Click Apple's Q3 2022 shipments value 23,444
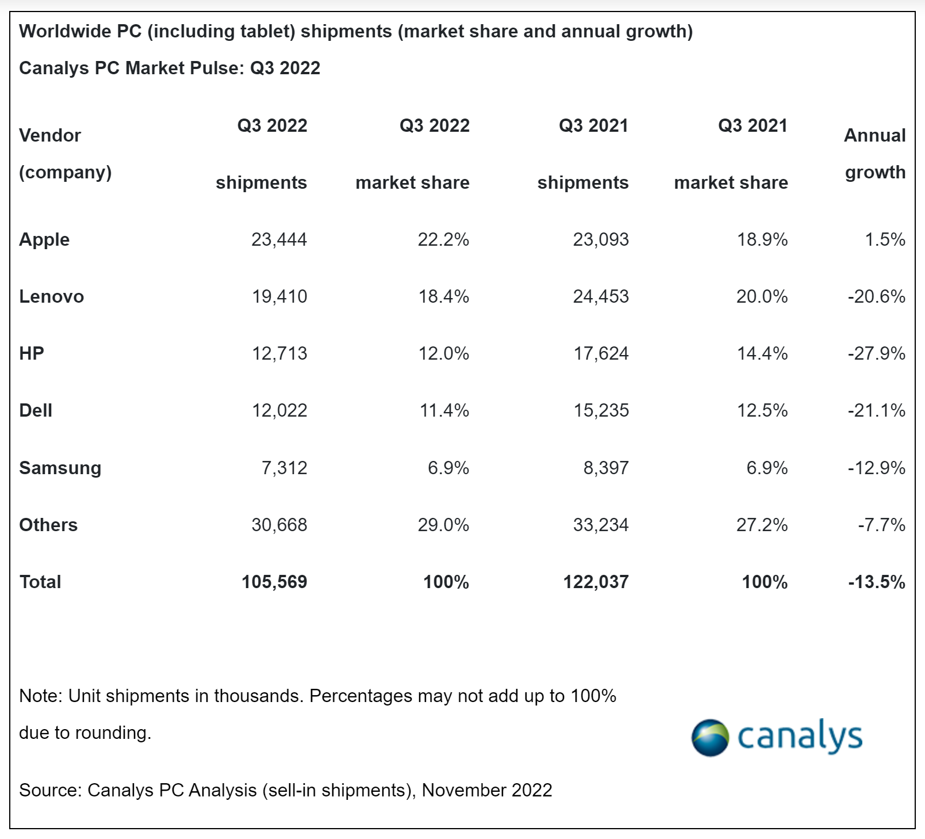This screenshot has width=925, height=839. click(279, 239)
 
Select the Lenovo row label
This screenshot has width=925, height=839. click(52, 296)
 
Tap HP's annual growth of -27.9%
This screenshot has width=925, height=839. click(876, 353)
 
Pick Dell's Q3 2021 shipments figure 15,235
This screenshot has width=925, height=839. click(601, 410)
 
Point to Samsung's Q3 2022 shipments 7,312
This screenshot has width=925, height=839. click(285, 468)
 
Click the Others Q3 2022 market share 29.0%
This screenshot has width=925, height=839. click(443, 525)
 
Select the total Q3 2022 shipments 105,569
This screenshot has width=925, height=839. click(274, 582)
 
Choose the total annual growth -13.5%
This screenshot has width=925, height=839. click(876, 582)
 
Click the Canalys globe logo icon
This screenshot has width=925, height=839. click(710, 737)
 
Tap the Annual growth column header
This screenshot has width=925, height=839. click(875, 154)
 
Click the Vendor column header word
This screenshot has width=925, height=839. click(50, 135)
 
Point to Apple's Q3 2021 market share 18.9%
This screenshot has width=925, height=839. click(762, 239)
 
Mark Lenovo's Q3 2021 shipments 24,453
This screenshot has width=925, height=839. click(601, 296)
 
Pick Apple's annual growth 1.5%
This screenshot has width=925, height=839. click(885, 239)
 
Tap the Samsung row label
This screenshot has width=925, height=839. click(60, 468)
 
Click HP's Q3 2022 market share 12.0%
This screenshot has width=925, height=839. click(444, 353)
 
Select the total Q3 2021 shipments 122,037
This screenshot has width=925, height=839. click(596, 582)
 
